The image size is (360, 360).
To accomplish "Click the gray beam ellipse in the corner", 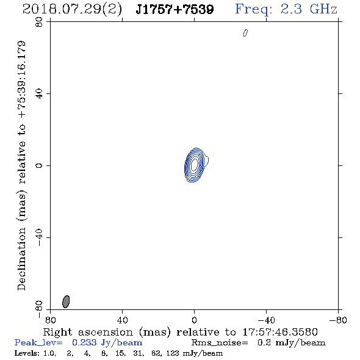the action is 66,301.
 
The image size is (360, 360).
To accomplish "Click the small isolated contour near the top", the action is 245,33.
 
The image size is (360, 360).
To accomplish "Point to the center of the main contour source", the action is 195,165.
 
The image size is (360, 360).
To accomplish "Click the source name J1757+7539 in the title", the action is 175,9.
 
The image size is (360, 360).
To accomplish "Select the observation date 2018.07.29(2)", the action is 72,10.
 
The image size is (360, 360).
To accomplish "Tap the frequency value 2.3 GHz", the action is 309,9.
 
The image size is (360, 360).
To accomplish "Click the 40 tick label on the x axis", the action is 122,320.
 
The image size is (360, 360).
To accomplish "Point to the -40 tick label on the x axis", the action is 266,320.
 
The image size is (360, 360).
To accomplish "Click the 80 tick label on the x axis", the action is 50,320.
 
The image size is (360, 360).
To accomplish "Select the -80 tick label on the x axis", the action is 338,320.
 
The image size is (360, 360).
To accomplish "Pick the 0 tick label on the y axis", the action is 39,165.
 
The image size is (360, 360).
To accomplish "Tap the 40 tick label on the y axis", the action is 39,94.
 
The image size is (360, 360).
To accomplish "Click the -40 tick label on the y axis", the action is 39,237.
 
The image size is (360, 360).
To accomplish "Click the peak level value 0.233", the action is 84,342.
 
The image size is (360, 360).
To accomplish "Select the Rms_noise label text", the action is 220,343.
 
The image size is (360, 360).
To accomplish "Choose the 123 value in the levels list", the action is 173,353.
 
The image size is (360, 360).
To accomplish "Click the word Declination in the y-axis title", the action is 21,259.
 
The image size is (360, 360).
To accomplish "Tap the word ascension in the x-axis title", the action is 106,332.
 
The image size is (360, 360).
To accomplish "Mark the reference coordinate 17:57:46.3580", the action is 280,332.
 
